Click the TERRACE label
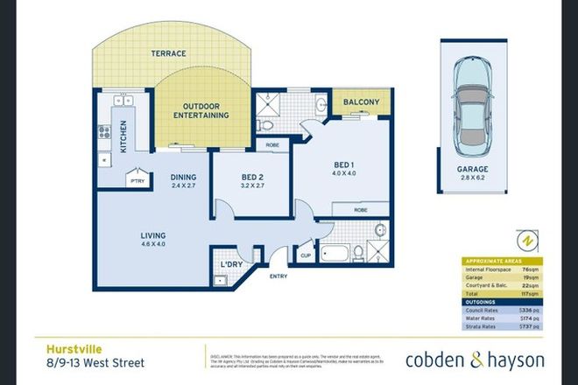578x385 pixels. [169, 53]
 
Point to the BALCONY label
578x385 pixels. [362, 102]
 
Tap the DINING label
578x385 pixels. [184, 178]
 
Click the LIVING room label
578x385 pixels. [154, 236]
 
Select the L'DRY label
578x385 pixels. [232, 263]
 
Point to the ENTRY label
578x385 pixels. [279, 276]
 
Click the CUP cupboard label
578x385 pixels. [306, 256]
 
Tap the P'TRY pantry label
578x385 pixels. [137, 180]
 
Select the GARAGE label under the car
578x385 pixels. [477, 169]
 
